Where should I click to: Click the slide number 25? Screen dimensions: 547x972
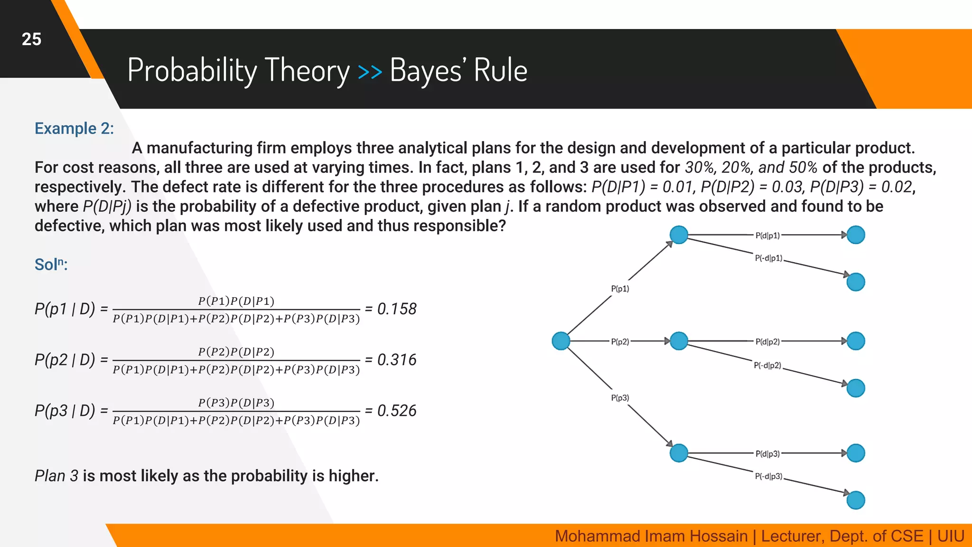click(31, 39)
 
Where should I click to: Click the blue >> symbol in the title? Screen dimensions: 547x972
click(370, 72)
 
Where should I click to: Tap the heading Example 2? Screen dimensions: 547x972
click(74, 128)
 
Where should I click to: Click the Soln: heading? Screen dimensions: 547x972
click(51, 264)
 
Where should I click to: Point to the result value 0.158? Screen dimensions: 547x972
click(396, 309)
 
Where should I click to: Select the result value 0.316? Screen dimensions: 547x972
click(396, 360)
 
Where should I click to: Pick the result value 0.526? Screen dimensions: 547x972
click(396, 411)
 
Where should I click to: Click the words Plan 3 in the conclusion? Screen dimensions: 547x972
click(56, 476)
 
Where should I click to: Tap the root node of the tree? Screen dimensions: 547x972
click(561, 341)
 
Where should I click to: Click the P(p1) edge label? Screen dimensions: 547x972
click(620, 289)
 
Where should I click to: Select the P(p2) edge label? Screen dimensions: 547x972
click(620, 341)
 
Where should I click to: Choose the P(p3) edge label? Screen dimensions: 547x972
click(620, 398)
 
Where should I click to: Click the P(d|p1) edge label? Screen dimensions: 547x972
click(767, 236)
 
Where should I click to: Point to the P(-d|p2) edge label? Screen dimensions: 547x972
click(767, 365)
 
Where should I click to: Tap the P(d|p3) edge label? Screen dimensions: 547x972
click(767, 454)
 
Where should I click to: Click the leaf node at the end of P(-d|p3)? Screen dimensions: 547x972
click(856, 500)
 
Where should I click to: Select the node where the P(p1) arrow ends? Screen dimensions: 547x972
click(679, 235)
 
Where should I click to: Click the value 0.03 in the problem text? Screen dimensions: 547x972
click(786, 187)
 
